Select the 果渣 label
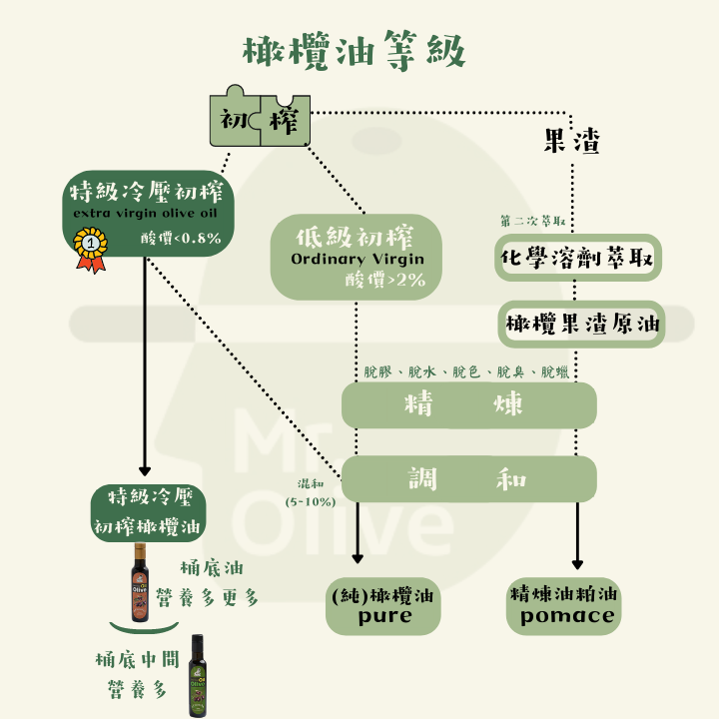pos(572,143)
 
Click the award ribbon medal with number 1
pos(91,244)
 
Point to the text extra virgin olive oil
pos(146,214)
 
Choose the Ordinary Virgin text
pos(358,260)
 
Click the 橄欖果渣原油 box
pos(583,325)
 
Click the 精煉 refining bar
pos(469,405)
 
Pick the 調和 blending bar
pos(469,479)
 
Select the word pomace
pos(566,616)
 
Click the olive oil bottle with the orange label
pos(140,583)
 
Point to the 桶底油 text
pos(212,567)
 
